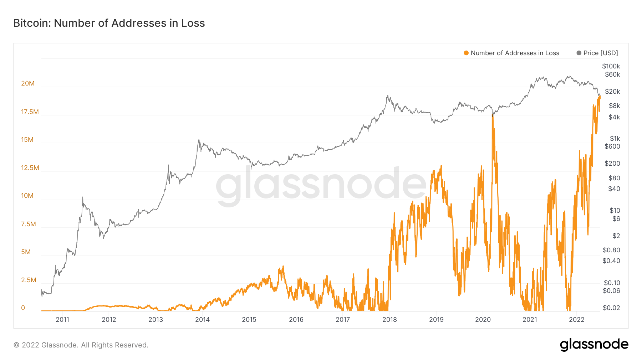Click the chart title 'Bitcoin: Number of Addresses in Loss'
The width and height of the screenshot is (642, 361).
tap(109, 23)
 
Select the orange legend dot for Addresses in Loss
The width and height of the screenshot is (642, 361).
tap(466, 53)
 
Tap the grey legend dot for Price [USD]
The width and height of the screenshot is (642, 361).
tap(579, 53)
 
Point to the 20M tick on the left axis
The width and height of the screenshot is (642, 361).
tap(28, 83)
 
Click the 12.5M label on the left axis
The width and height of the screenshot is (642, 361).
tap(30, 168)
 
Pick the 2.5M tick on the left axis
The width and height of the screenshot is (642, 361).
tap(29, 280)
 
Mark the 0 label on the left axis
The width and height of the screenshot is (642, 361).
tap(23, 308)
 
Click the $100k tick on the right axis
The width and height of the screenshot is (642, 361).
tap(611, 66)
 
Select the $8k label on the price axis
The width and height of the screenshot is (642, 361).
tap(615, 106)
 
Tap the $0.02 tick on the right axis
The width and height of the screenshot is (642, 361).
tap(611, 308)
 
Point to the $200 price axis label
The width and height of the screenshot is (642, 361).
tap(612, 164)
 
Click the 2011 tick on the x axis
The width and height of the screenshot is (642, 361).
tap(62, 320)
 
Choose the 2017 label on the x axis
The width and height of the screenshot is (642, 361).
tap(343, 320)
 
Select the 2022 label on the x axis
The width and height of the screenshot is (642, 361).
tap(576, 320)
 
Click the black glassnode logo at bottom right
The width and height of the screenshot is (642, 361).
tap(594, 345)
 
